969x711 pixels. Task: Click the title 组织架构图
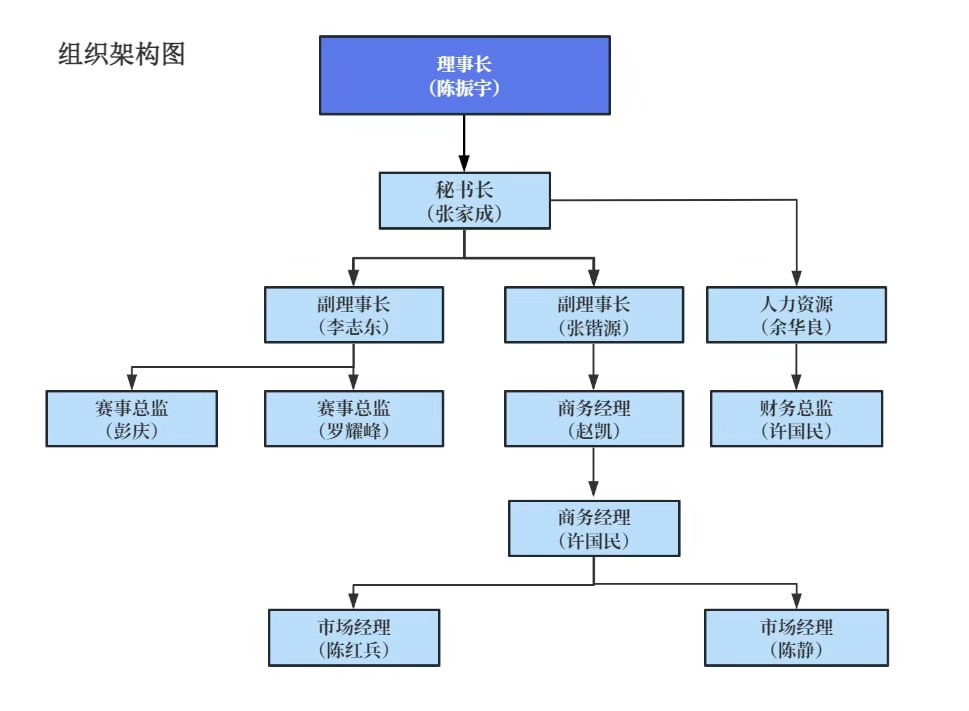[121, 54]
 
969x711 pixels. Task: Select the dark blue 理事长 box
[464, 75]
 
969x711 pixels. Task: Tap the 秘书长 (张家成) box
[464, 200]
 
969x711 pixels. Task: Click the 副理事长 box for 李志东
[354, 315]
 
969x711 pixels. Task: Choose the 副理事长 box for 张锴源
[594, 315]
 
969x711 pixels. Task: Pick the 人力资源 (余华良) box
[796, 315]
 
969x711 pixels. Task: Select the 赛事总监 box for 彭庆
[131, 418]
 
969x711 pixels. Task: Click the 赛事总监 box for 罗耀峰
[354, 418]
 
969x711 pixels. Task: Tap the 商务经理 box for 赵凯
[594, 418]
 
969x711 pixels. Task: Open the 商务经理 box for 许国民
[594, 528]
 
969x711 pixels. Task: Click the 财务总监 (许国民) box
[796, 418]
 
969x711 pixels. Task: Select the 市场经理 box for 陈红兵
[354, 638]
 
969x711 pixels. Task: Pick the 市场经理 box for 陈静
[796, 638]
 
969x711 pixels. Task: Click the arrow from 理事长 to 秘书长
[464, 142]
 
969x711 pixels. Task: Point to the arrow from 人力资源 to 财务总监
[796, 366]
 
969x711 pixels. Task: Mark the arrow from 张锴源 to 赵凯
[594, 366]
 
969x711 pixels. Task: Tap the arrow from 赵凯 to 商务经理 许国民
[594, 472]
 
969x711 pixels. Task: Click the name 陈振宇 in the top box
[464, 88]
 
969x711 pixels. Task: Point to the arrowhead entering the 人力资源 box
[796, 280]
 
